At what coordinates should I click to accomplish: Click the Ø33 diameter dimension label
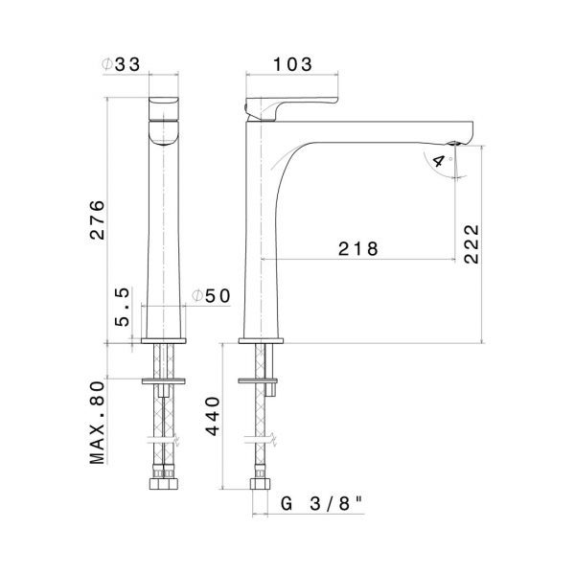click(121, 64)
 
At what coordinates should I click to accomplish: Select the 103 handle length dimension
click(293, 64)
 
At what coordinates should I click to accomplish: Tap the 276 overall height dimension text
click(98, 220)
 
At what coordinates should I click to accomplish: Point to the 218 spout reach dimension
click(357, 248)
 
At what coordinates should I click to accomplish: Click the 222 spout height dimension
click(471, 243)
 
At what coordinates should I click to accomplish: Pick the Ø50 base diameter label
click(211, 295)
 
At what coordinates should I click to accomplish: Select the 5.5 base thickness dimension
click(122, 307)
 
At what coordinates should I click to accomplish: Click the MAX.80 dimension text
click(97, 423)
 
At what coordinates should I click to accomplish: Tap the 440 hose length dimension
click(213, 416)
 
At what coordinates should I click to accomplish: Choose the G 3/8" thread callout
click(322, 504)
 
